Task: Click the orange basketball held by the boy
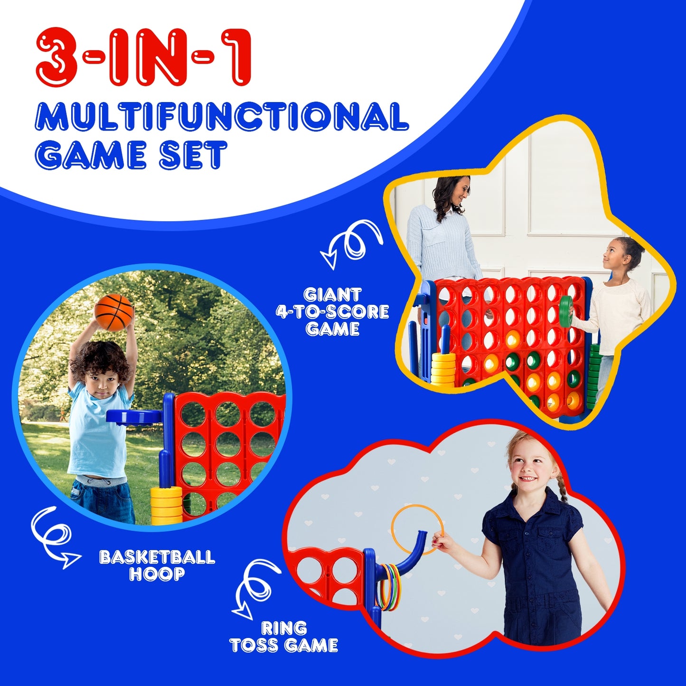(x=113, y=312)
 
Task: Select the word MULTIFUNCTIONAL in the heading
(x=222, y=117)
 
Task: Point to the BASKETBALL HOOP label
(x=157, y=565)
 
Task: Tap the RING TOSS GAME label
(x=283, y=637)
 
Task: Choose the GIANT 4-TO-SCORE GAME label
(x=332, y=312)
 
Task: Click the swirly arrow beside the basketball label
(x=53, y=537)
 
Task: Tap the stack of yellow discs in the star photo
(x=443, y=368)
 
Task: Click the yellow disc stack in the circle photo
(x=166, y=506)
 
